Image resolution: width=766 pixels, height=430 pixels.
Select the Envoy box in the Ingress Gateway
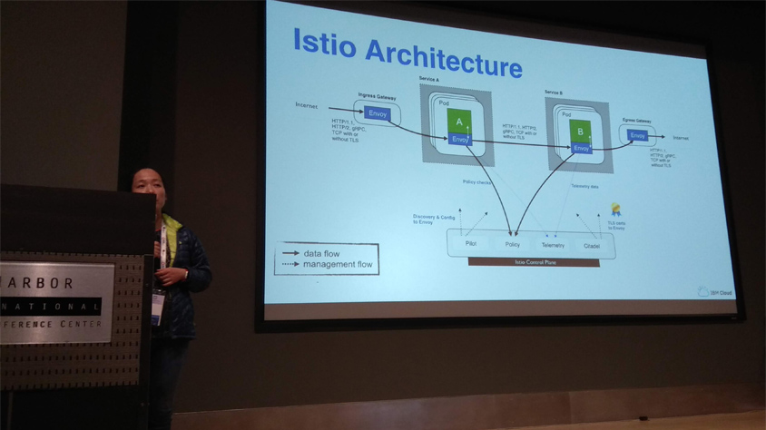point(378,113)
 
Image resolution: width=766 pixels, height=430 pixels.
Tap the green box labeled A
point(459,122)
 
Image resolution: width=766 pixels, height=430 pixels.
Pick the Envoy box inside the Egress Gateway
point(637,136)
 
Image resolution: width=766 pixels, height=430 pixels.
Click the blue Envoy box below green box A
point(460,140)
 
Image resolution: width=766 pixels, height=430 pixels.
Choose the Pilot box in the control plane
point(471,244)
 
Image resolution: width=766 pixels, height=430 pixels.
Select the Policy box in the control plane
point(512,245)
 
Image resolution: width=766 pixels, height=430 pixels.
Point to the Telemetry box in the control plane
point(552,246)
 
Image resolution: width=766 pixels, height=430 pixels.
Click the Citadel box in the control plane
point(592,246)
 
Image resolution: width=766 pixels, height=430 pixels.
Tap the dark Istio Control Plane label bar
point(533,263)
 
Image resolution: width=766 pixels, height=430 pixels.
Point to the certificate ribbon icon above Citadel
point(615,210)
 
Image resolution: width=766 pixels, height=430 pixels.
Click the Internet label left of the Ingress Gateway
point(307,105)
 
